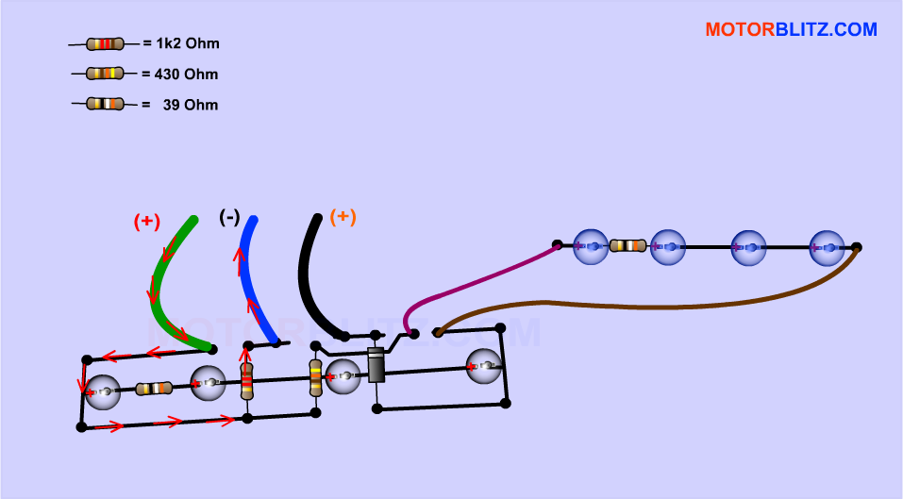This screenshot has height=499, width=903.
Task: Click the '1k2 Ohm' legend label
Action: [187, 43]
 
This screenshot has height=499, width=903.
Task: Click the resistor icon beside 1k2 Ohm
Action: [105, 43]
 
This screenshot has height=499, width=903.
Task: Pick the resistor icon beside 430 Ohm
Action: [105, 73]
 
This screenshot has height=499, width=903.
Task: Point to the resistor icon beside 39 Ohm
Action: [105, 103]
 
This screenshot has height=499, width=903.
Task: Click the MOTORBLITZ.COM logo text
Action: [791, 30]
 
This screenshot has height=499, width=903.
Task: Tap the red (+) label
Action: [146, 222]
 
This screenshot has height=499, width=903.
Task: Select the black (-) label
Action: [228, 217]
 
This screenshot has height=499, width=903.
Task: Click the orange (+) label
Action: [343, 216]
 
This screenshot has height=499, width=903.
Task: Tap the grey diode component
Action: [376, 364]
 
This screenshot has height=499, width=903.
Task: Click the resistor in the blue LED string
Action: [627, 245]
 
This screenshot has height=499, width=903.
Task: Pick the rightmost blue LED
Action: [827, 247]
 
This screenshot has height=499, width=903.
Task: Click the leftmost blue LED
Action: [591, 246]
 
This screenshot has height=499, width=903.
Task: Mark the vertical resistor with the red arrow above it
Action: [246, 381]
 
